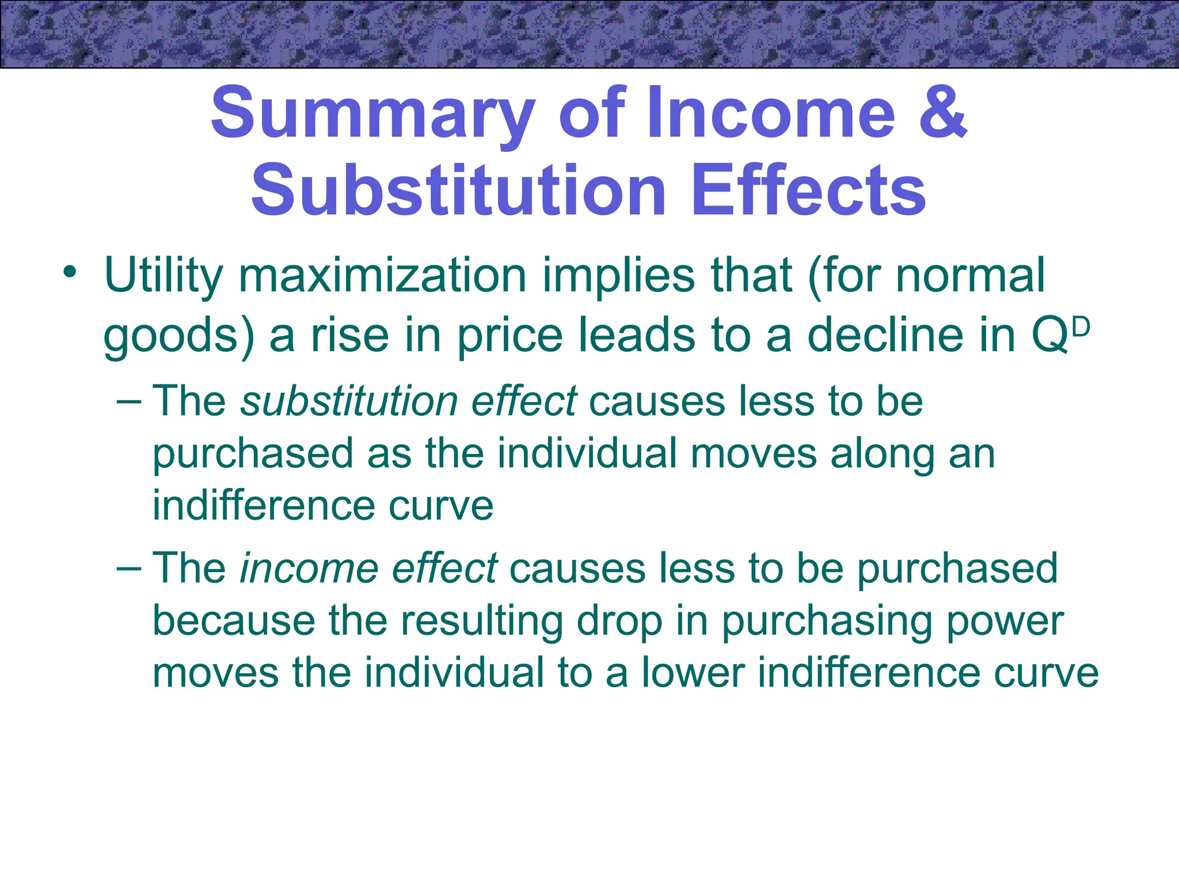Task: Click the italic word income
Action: (x=308, y=568)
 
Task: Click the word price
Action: (x=510, y=336)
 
